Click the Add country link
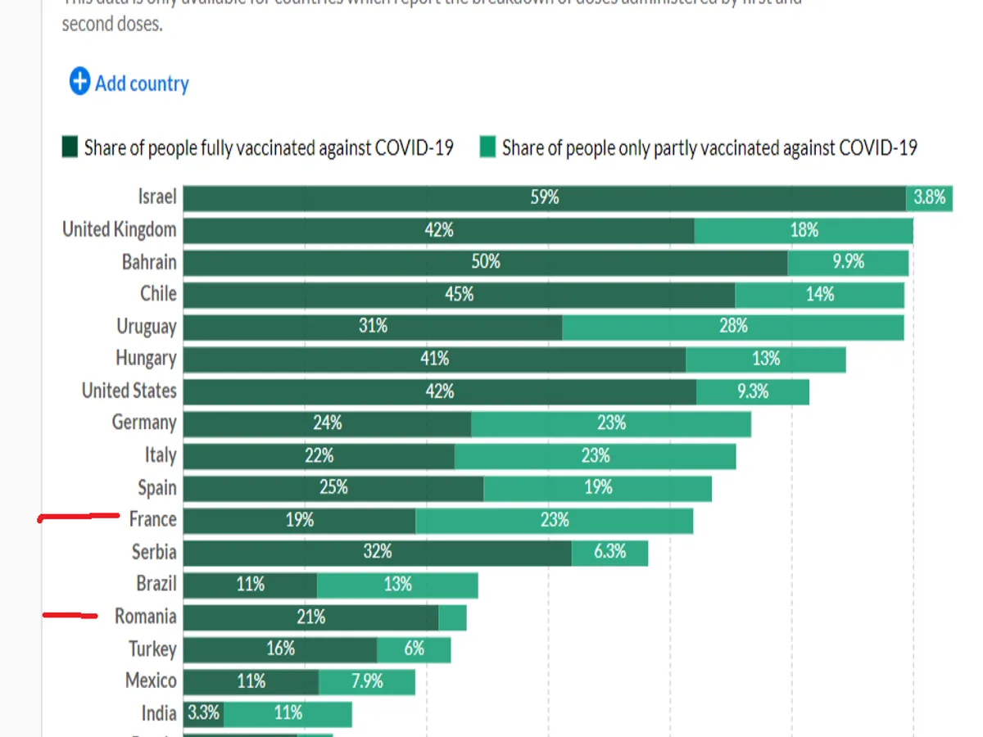[x=141, y=84]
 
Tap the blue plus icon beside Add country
[x=79, y=82]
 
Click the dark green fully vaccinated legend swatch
[x=70, y=148]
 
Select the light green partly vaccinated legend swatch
[x=488, y=148]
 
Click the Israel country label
[x=157, y=197]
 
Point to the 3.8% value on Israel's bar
[x=929, y=197]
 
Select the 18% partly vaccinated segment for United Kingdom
[x=804, y=230]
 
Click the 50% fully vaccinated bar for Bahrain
[x=485, y=262]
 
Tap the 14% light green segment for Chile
[x=819, y=294]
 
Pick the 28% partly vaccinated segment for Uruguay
[x=733, y=326]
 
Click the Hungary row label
[x=146, y=358]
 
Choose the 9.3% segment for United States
[x=752, y=391]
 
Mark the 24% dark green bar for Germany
[x=327, y=423]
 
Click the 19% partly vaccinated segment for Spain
[x=598, y=487]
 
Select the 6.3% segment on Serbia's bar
[x=609, y=552]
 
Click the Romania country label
[x=145, y=617]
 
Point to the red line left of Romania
[x=70, y=615]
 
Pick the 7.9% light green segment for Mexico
[x=366, y=681]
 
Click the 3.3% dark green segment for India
[x=203, y=713]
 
